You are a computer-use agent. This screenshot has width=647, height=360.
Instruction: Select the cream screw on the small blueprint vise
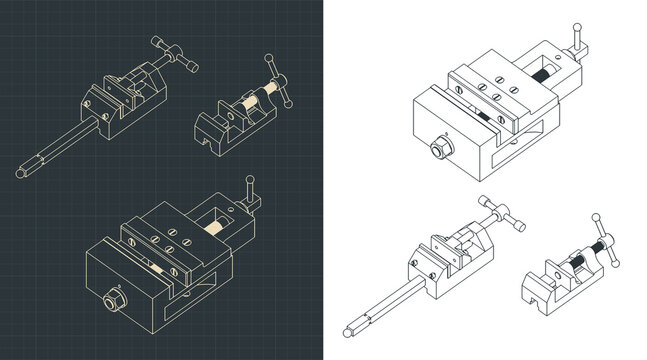pyautogui.click(x=248, y=102)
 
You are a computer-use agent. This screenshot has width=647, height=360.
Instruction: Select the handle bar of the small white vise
pyautogui.click(x=605, y=238)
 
